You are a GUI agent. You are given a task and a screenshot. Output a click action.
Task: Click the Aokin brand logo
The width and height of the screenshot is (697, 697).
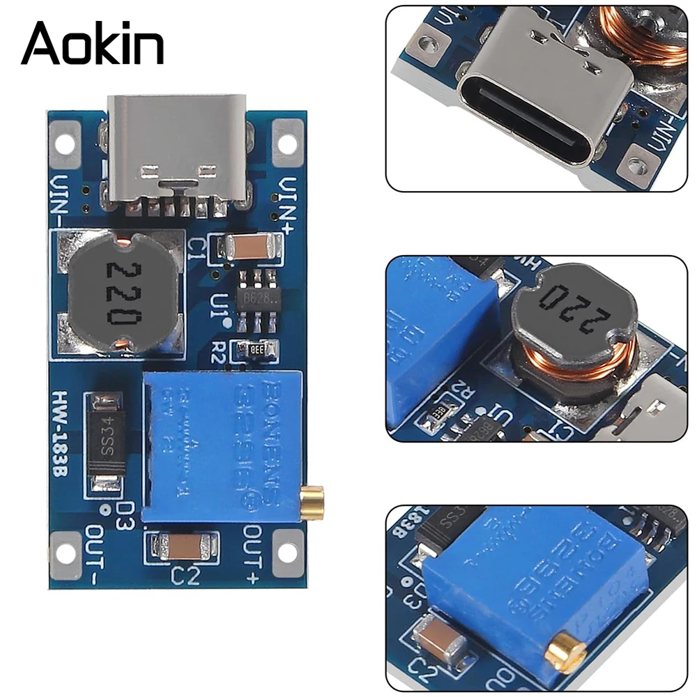[x=92, y=43]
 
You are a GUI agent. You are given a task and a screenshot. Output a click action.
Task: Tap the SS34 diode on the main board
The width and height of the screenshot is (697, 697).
[x=108, y=443]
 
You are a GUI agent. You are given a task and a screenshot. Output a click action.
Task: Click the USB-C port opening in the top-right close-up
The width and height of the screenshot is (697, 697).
[x=530, y=126]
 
